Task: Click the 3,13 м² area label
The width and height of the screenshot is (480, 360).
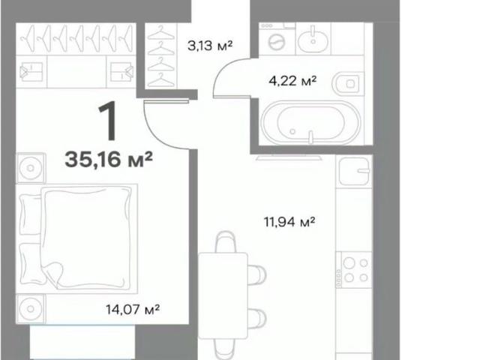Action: [x=210, y=46]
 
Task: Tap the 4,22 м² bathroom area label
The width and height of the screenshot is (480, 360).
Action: [x=292, y=81]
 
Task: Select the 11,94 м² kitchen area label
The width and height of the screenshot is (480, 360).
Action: [x=289, y=222]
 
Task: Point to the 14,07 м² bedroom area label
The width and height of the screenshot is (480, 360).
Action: [x=133, y=309]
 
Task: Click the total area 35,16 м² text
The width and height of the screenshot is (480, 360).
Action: [x=109, y=160]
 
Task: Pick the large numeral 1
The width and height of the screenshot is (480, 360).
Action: [x=108, y=121]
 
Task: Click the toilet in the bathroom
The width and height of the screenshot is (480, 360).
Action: [x=348, y=83]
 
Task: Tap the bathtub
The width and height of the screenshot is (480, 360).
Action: [x=310, y=122]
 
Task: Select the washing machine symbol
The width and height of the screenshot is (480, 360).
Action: [x=277, y=39]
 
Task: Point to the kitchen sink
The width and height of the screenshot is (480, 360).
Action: [x=354, y=171]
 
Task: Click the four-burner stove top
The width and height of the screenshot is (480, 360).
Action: [x=354, y=270]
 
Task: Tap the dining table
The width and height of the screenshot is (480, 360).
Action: [x=223, y=295]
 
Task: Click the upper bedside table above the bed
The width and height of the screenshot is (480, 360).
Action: [x=31, y=168]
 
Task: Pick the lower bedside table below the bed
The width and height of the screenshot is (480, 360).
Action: [x=31, y=309]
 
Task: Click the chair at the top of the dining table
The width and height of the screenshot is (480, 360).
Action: [x=225, y=241]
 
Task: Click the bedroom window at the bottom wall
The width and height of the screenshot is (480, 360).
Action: [x=82, y=342]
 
